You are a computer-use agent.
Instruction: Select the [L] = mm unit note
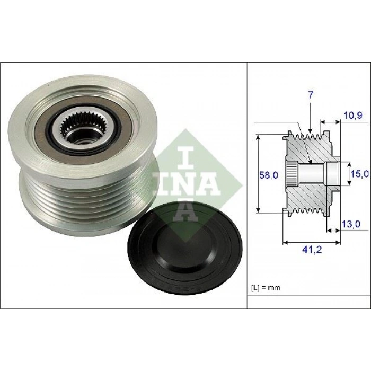tap(266, 288)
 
